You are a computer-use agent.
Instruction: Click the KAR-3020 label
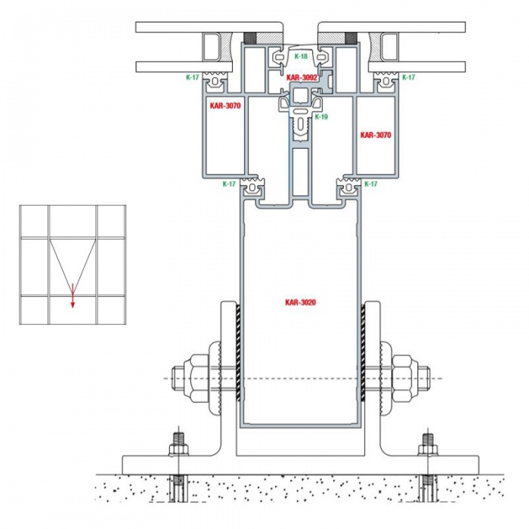click(301, 302)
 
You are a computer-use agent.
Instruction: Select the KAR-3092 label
click(302, 78)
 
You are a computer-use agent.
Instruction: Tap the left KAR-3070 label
click(225, 106)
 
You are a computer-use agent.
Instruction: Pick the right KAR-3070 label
click(376, 135)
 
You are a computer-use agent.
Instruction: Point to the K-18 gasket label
click(301, 57)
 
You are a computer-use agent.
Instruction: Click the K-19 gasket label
click(321, 117)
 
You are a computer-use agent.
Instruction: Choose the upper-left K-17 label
click(192, 77)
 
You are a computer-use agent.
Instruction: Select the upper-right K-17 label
click(409, 77)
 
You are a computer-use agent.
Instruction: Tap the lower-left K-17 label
click(229, 184)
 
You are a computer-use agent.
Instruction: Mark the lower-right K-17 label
click(371, 184)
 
